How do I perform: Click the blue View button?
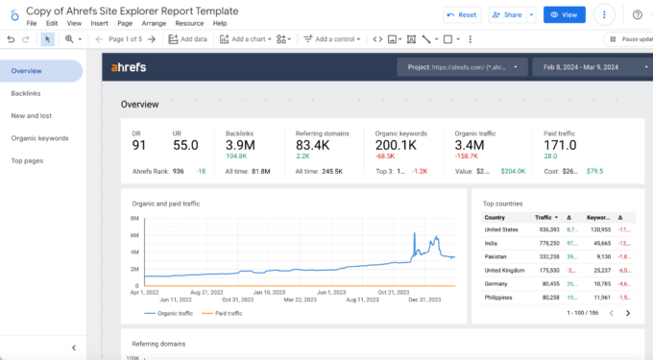(564, 15)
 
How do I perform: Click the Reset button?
(462, 15)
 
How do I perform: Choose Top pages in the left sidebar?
(27, 160)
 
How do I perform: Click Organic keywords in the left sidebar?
(39, 138)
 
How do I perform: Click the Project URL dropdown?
(462, 67)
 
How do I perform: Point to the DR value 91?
(140, 146)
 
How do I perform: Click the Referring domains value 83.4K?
(313, 146)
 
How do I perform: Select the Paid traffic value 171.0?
(561, 146)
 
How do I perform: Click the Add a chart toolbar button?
(252, 39)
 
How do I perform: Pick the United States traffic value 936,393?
(548, 230)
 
